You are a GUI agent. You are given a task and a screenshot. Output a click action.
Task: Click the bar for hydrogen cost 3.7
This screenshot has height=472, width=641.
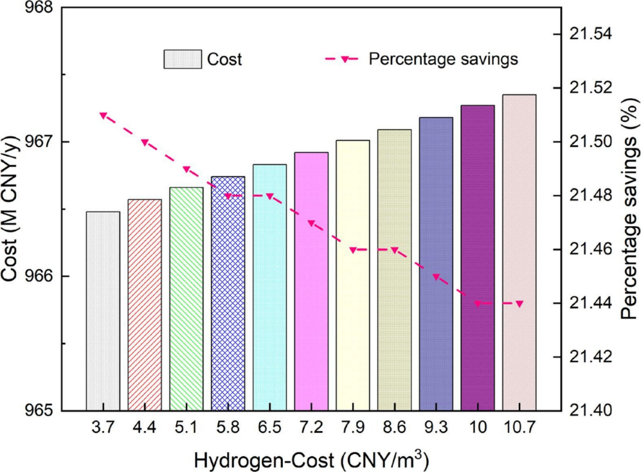(x=103, y=311)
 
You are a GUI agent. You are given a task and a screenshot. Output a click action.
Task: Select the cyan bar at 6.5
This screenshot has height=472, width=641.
(x=269, y=288)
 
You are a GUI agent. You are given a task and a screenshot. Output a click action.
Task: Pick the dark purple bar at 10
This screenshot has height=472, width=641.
(x=478, y=258)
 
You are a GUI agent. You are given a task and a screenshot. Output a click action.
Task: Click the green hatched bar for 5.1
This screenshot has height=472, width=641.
(x=186, y=299)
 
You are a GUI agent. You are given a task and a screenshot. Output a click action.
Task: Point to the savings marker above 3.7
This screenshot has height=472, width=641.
(x=103, y=116)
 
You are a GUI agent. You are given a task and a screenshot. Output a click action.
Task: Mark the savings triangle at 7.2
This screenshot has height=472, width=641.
(x=311, y=223)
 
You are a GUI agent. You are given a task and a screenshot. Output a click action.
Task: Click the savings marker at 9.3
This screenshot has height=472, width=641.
(x=436, y=277)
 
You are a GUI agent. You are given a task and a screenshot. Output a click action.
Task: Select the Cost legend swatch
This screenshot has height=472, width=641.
(x=182, y=60)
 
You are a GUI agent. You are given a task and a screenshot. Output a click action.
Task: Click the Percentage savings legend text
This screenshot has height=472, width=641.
(x=443, y=59)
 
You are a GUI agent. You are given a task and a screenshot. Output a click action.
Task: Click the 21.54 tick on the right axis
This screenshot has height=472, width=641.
(x=588, y=34)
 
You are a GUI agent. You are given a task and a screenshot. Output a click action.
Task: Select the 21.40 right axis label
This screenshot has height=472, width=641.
(x=588, y=410)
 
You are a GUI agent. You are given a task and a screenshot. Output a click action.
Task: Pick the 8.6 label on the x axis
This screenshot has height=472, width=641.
(x=394, y=426)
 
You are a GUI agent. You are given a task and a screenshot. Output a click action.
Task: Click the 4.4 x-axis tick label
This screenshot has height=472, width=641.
(x=145, y=426)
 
